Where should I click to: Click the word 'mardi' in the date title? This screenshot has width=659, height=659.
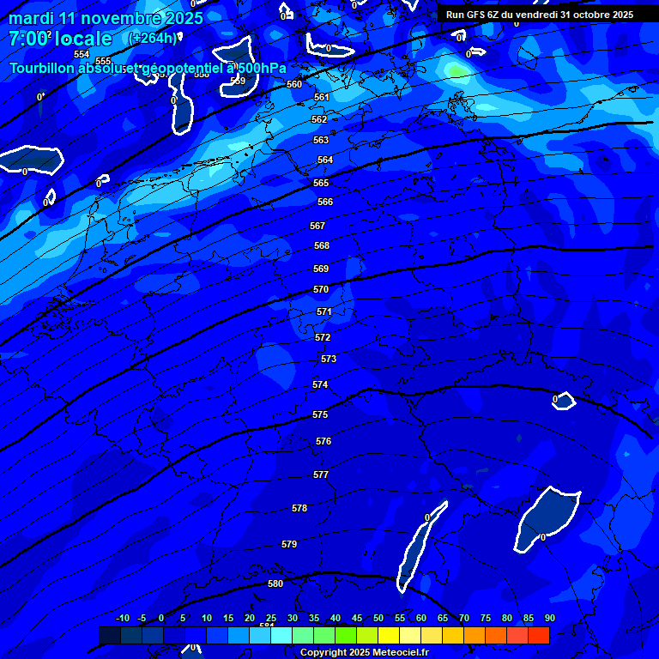31,18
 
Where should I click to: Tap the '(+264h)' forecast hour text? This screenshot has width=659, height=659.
153,38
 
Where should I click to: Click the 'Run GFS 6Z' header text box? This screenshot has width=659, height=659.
540,15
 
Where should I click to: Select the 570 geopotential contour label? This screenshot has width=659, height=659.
321,289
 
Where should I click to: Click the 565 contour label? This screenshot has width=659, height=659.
321,183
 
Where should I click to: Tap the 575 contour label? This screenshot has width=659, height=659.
320,414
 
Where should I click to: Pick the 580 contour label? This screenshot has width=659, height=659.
275,583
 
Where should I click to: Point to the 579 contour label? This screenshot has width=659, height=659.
289,544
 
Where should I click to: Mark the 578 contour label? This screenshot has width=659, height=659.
299,508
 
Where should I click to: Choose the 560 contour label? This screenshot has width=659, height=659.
294,84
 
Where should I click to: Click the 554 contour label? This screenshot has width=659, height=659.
82,54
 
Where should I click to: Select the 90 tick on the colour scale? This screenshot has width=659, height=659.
549,618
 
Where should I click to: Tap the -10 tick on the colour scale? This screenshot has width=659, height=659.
122,618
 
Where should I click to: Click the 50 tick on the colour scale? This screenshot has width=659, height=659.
378,618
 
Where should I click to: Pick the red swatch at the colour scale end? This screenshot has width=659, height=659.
539,635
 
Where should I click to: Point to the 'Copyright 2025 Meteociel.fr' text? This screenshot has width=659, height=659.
364,653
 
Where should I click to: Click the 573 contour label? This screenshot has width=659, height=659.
329,359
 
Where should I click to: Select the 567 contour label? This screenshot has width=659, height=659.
317,226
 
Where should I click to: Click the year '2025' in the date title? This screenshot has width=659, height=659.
180,18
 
